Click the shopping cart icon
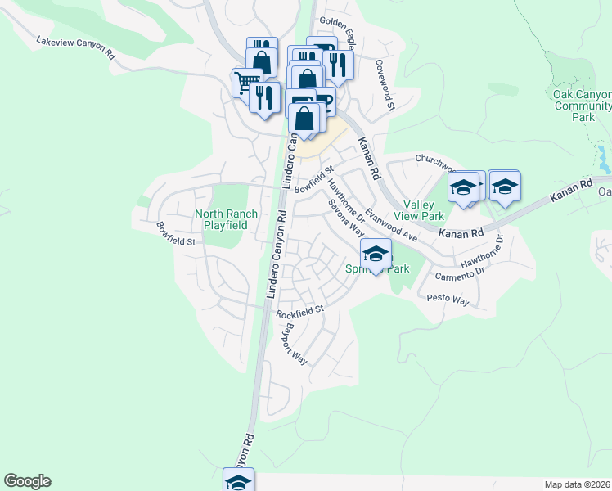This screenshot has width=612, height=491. coord(245,83)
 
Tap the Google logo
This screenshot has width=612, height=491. coord(27,481)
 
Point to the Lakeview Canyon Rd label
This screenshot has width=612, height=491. coord(76,47)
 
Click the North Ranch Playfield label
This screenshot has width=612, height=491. coord(226,219)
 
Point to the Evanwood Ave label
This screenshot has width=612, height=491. coord(391,225)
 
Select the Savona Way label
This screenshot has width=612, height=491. coord(346,218)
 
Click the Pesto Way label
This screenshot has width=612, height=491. coord(448,301)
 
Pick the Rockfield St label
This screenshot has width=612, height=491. coord(300,312)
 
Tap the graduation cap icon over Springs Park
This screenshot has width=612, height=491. coord(376,254)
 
